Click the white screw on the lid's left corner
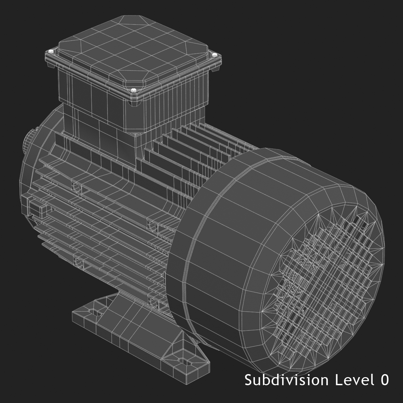(x=51, y=51)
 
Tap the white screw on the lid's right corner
(x=214, y=54)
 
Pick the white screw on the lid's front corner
(x=134, y=90)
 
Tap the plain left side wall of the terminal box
(x=91, y=91)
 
